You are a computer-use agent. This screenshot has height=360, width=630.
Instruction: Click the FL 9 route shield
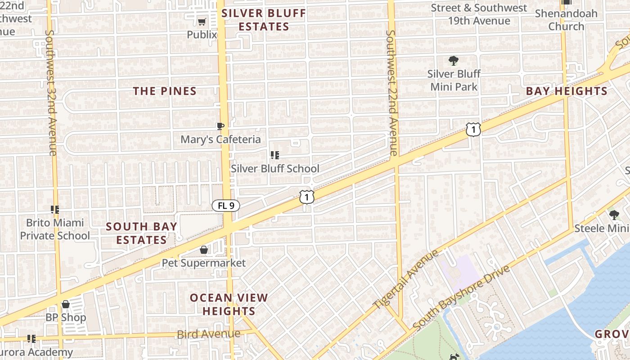pos(226,206)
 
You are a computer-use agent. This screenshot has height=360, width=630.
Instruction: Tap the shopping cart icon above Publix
pos(202,22)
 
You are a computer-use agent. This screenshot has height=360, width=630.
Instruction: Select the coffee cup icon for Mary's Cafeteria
pos(220,126)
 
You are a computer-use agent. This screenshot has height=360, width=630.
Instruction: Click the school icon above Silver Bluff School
pos(275,155)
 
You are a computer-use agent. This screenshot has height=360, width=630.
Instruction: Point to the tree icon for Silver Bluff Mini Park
pos(454,60)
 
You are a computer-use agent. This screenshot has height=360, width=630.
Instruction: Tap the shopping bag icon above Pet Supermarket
pos(204,249)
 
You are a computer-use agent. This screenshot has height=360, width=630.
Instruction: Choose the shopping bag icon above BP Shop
pos(66,304)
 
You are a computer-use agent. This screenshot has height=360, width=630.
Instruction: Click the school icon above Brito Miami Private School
pos(55,209)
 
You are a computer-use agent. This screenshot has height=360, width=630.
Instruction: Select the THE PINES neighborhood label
pos(165,91)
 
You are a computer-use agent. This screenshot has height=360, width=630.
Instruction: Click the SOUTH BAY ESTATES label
pos(142,233)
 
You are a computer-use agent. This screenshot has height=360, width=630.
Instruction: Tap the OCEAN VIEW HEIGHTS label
pos(229,304)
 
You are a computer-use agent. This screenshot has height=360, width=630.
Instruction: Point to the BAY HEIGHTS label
pos(567,91)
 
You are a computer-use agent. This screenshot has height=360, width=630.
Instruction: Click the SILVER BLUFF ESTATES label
pos(264,20)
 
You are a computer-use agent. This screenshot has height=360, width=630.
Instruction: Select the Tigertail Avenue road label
pos(406,280)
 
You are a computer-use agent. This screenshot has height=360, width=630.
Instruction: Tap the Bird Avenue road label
pos(209,334)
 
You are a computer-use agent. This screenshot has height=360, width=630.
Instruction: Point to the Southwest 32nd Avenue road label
pos(51,93)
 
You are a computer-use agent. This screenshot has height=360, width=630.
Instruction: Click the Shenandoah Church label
pos(566,20)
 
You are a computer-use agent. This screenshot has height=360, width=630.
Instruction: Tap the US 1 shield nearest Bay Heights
pos(473,130)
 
